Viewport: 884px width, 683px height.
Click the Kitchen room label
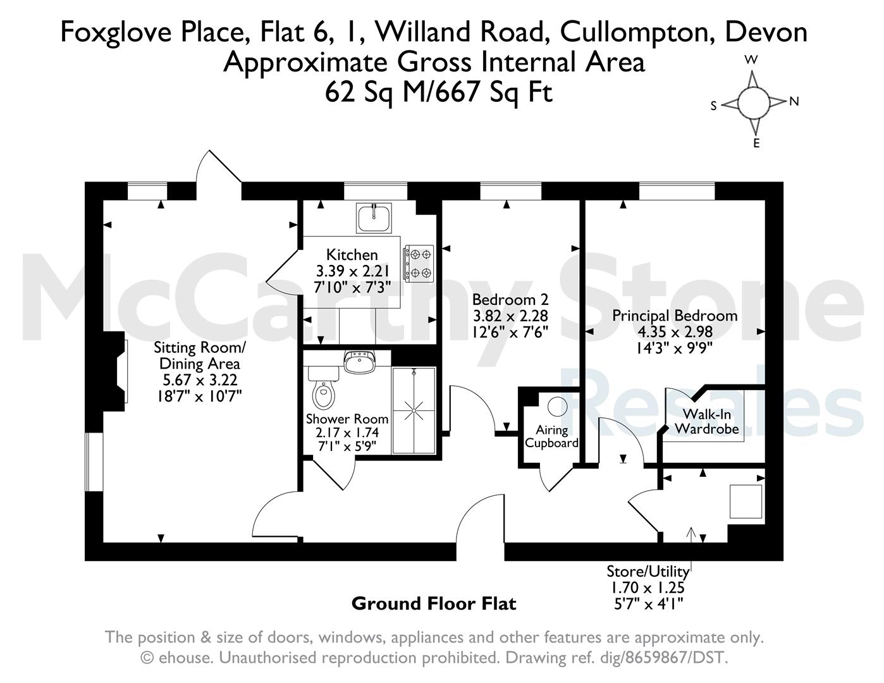[x=352, y=255]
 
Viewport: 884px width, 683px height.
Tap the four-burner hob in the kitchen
[x=418, y=264]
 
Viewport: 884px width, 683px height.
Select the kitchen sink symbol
[x=374, y=218]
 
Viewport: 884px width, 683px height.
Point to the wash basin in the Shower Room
[x=360, y=362]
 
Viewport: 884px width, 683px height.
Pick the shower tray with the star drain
[x=414, y=410]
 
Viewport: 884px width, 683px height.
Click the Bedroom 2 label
[x=510, y=300]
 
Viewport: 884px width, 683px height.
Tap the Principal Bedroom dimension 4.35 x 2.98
[x=675, y=331]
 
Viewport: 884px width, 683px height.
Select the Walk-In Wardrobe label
[x=706, y=421]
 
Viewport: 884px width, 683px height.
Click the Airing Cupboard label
[x=551, y=436]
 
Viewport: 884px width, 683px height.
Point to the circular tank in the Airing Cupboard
[x=557, y=406]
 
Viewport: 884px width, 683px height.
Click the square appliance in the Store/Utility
[x=746, y=501]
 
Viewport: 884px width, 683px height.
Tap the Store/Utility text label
[x=648, y=572]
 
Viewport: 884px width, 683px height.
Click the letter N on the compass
[x=794, y=101]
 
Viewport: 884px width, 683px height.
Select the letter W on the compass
[x=751, y=60]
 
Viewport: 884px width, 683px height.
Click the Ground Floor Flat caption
[x=434, y=604]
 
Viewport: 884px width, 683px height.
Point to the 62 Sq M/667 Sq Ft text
[x=439, y=92]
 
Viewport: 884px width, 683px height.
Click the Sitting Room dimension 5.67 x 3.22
[x=200, y=379]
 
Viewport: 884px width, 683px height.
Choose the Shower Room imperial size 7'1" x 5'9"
[x=347, y=446]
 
